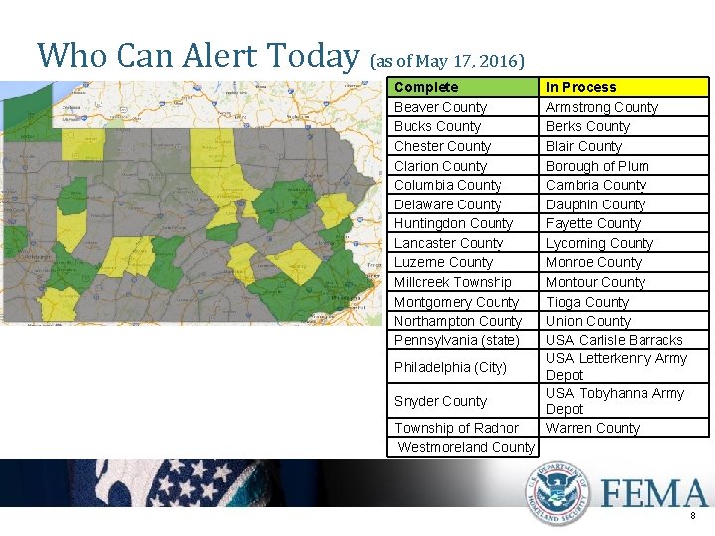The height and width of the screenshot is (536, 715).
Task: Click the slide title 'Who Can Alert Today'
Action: pos(197,56)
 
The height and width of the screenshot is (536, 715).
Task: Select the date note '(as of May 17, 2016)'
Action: pos(447,61)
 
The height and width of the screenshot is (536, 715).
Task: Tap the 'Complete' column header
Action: pos(426,87)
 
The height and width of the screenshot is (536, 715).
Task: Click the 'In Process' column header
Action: pos(581,87)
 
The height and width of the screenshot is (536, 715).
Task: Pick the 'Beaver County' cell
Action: pos(440,107)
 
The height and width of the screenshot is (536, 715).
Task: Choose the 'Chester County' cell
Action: pos(442,146)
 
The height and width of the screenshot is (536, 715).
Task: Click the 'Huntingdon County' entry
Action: pos(453,223)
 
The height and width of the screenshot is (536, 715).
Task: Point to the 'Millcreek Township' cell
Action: pos(453,282)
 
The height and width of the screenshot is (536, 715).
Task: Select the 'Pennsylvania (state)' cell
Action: pos(457,340)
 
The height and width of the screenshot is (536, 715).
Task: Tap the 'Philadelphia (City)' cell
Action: pos(450,367)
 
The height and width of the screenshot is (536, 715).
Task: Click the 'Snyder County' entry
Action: pos(440,401)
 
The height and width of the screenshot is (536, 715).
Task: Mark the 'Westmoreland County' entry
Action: pos(466,447)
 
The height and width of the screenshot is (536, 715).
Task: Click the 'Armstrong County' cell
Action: pos(602,107)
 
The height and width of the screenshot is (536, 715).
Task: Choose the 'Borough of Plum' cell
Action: pos(597,166)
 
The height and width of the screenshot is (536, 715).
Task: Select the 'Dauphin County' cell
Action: pos(595,204)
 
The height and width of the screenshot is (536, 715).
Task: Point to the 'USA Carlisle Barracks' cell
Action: pos(614,340)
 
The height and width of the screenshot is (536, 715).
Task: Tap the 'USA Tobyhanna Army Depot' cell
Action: pos(615,401)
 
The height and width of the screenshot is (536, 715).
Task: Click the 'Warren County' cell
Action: pos(592,428)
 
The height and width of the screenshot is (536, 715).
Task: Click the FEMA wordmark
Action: pos(653,493)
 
